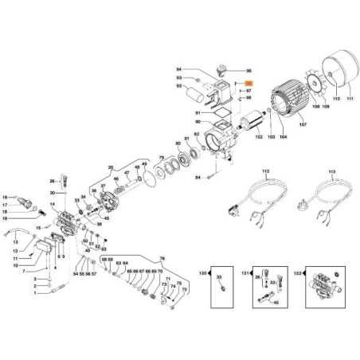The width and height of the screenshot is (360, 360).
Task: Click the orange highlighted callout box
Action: coord(248,84)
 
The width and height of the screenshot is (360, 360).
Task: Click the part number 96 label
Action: coord(248,72)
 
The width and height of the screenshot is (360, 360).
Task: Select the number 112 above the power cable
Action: coord(266,170)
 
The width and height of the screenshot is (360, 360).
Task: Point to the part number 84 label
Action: coord(198,178)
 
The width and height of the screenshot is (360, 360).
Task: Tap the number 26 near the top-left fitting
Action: coord(53,181)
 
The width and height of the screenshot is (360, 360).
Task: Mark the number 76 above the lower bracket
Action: coord(161,258)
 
